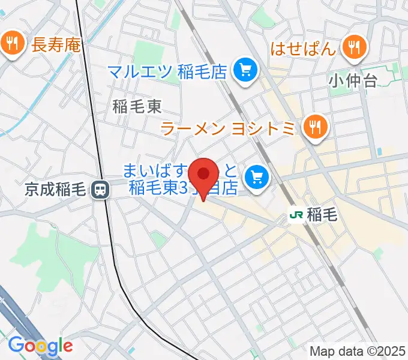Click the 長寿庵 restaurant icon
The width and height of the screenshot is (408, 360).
pyautogui.click(x=11, y=43)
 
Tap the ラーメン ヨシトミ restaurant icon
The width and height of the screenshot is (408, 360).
pyautogui.click(x=314, y=127)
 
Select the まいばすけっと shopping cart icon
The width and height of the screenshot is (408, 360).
pyautogui.click(x=259, y=177)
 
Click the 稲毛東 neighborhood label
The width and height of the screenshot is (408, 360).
pyautogui.click(x=137, y=107)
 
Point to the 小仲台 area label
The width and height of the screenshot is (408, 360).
pyautogui.click(x=353, y=80)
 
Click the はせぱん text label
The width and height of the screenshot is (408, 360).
pyautogui.click(x=302, y=48)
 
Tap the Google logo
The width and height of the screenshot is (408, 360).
pyautogui.click(x=40, y=346)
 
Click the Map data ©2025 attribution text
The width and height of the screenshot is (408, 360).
pyautogui.click(x=358, y=351)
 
